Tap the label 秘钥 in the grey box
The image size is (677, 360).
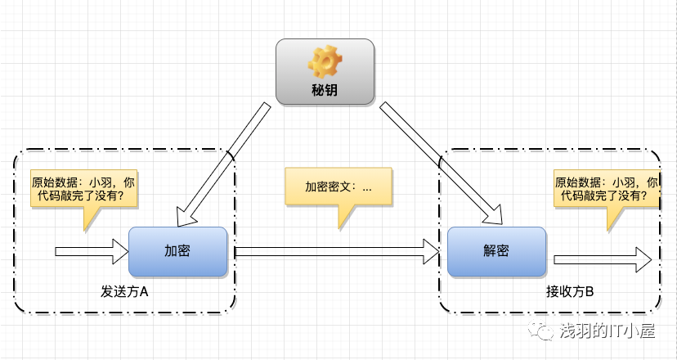325,91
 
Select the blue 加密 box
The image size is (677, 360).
177,251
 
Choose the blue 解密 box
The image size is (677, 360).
496,251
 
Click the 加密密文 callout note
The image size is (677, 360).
338,187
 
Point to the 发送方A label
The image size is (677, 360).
124,291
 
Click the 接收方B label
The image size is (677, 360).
570,291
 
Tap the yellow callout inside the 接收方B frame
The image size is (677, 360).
606,190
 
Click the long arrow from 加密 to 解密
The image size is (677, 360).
335,251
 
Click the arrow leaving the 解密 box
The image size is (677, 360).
601,259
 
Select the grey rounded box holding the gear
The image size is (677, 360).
325,74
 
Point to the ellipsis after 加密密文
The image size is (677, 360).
366,187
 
